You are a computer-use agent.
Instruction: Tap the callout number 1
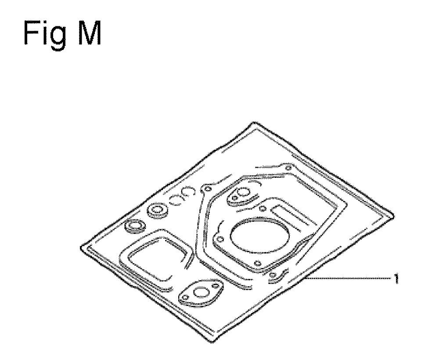tap(396, 279)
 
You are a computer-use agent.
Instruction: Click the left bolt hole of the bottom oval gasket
tap(184, 298)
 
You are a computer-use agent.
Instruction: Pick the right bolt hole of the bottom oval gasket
tap(215, 286)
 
